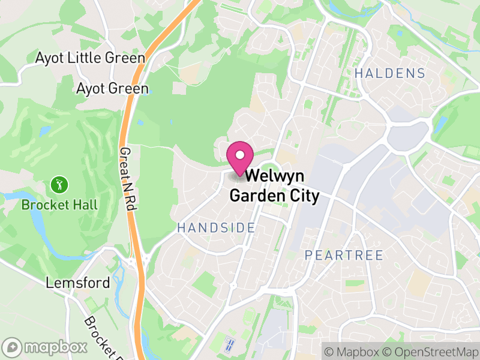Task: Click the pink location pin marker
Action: [x=240, y=158]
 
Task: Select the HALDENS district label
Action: [x=389, y=74]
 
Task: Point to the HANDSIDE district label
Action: [x=216, y=227]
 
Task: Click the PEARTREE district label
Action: [x=344, y=255]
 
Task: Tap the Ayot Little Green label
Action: [x=90, y=58]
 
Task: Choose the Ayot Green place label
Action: [x=112, y=89]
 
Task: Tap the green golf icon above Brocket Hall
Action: [x=59, y=184]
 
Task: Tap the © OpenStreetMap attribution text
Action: [x=432, y=351]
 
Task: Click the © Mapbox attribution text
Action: [x=353, y=351]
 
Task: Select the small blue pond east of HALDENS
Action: [x=440, y=124]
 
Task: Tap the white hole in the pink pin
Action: [x=240, y=155]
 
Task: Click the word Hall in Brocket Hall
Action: [x=84, y=205]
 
